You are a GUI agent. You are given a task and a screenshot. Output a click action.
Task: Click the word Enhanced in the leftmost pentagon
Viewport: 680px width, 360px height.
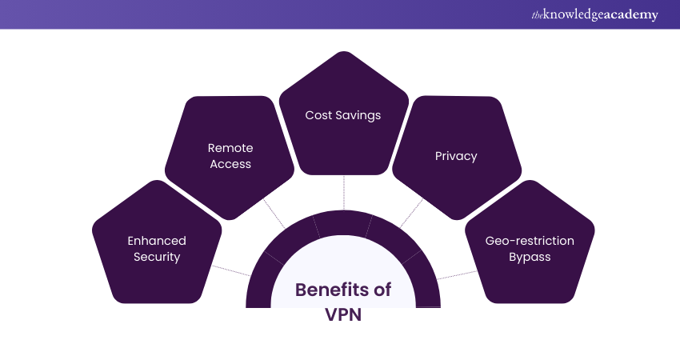point(157,241)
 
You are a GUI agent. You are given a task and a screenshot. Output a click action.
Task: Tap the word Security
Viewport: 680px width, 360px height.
point(157,257)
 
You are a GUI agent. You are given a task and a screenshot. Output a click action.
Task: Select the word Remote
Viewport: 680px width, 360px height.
point(230,148)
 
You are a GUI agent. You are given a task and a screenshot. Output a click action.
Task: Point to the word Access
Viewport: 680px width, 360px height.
point(230,164)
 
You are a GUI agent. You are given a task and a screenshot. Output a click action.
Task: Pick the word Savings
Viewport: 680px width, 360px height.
point(358,115)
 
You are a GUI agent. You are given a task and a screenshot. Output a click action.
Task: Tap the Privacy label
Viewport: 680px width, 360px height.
point(456,156)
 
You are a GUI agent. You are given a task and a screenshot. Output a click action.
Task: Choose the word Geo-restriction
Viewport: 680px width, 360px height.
point(530,241)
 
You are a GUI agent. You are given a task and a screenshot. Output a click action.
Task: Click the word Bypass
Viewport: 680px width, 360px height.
point(530,257)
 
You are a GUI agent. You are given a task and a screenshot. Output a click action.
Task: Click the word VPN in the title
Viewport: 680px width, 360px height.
point(344,314)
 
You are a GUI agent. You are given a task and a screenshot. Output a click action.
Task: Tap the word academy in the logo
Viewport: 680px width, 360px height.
point(630,14)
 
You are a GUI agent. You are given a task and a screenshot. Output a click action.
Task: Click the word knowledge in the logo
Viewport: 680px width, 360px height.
point(570,14)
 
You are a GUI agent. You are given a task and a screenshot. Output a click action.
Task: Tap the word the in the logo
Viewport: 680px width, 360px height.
point(536,15)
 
